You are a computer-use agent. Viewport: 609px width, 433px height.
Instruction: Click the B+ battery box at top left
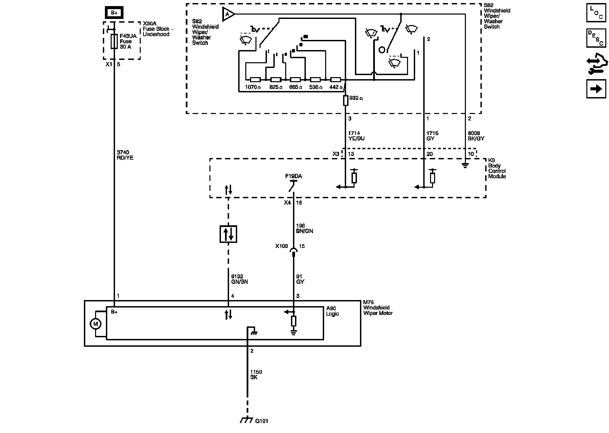(114, 13)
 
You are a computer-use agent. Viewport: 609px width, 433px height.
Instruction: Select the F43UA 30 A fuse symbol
(114, 41)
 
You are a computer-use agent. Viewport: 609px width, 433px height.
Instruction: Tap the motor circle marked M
(95, 324)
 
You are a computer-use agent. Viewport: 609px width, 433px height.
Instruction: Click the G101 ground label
(262, 421)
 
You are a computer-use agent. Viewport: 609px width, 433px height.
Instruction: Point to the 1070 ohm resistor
(255, 80)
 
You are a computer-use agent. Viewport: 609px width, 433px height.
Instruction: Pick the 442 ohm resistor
(335, 80)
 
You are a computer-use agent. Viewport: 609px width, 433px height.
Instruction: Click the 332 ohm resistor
(345, 100)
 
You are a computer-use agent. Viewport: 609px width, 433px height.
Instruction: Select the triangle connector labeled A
(228, 14)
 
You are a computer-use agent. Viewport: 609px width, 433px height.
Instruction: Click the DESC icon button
(596, 38)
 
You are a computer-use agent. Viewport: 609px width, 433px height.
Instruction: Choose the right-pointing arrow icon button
(596, 89)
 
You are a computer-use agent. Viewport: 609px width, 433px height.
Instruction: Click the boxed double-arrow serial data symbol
(228, 234)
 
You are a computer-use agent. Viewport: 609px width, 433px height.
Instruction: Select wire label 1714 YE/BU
(356, 136)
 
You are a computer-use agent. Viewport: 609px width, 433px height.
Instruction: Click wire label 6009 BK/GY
(476, 136)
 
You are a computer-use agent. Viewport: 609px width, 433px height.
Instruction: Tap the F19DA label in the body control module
(293, 176)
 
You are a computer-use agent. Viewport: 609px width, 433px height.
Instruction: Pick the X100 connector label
(281, 246)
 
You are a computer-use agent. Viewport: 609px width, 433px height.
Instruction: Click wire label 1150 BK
(256, 374)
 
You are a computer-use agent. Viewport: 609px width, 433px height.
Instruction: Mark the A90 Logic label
(332, 311)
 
